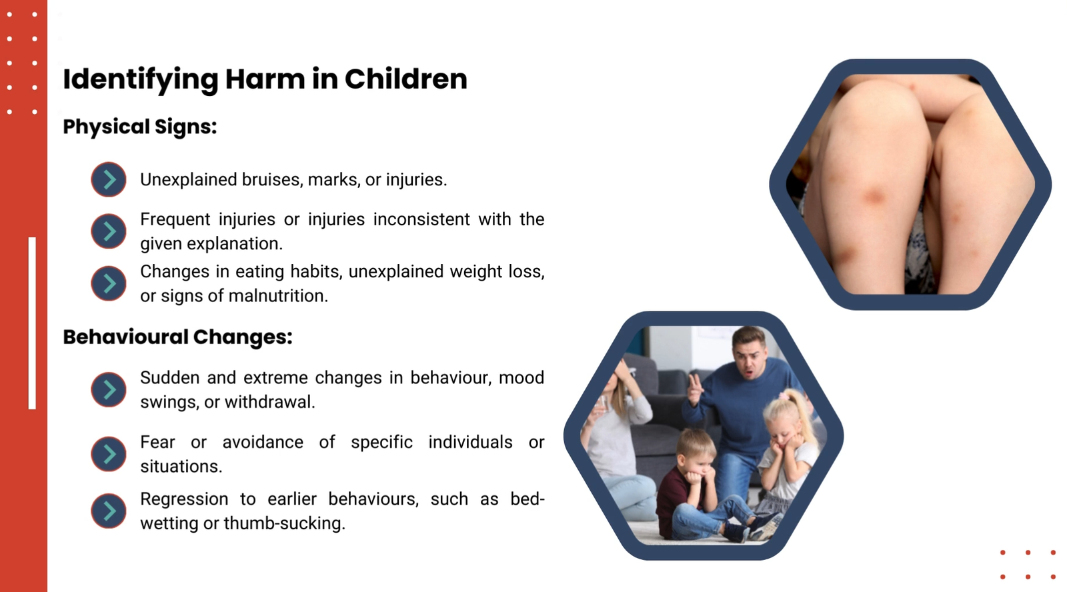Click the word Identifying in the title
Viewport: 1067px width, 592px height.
[141, 79]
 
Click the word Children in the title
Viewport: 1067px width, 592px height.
[406, 79]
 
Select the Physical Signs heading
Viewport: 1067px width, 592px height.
[139, 127]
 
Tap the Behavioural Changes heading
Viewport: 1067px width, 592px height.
[177, 337]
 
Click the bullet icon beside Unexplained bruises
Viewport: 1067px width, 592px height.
[109, 179]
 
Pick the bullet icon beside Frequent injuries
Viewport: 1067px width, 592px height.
[109, 231]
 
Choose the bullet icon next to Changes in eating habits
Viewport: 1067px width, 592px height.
[109, 283]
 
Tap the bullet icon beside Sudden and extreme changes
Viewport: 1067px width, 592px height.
[109, 389]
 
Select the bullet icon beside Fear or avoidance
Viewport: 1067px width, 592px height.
[109, 454]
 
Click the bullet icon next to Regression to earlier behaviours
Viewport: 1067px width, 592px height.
[109, 511]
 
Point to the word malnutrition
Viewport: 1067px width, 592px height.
[278, 296]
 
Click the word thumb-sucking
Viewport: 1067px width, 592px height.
[284, 523]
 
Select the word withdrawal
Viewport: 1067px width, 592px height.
[269, 402]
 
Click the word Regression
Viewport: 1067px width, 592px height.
[184, 499]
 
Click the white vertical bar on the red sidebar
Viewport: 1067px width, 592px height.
[32, 323]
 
